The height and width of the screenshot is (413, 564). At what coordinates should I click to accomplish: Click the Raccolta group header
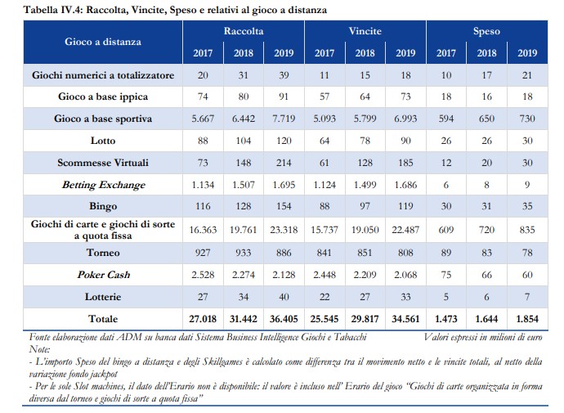click(244, 31)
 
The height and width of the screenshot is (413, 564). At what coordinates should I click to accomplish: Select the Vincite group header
click(365, 31)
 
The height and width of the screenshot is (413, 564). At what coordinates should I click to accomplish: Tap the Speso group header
click(486, 31)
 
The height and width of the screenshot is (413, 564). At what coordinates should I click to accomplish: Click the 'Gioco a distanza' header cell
click(103, 42)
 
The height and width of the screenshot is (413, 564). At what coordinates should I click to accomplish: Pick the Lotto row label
click(103, 141)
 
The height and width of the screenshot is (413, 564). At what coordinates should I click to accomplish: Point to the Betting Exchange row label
click(104, 185)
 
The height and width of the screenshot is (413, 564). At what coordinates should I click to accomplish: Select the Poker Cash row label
click(104, 275)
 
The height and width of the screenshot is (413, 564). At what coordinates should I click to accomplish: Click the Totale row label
click(103, 319)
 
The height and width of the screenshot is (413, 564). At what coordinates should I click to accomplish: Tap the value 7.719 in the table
click(284, 119)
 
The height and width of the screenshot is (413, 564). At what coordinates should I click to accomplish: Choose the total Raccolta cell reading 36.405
click(284, 319)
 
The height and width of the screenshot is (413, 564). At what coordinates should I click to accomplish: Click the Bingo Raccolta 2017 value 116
click(203, 206)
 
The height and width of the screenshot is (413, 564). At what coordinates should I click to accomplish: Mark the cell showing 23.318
click(284, 230)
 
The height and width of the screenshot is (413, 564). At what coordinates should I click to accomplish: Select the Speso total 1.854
click(527, 319)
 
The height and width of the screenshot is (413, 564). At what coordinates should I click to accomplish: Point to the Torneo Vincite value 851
click(365, 253)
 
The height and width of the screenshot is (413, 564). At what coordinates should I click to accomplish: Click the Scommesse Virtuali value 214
click(284, 163)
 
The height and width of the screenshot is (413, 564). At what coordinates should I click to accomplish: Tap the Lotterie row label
click(103, 297)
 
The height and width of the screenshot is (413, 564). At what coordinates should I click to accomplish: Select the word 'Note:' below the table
click(39, 349)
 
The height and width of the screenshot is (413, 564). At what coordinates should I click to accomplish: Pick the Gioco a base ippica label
click(103, 97)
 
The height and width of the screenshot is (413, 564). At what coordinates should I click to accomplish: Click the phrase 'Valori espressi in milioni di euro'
click(483, 337)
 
